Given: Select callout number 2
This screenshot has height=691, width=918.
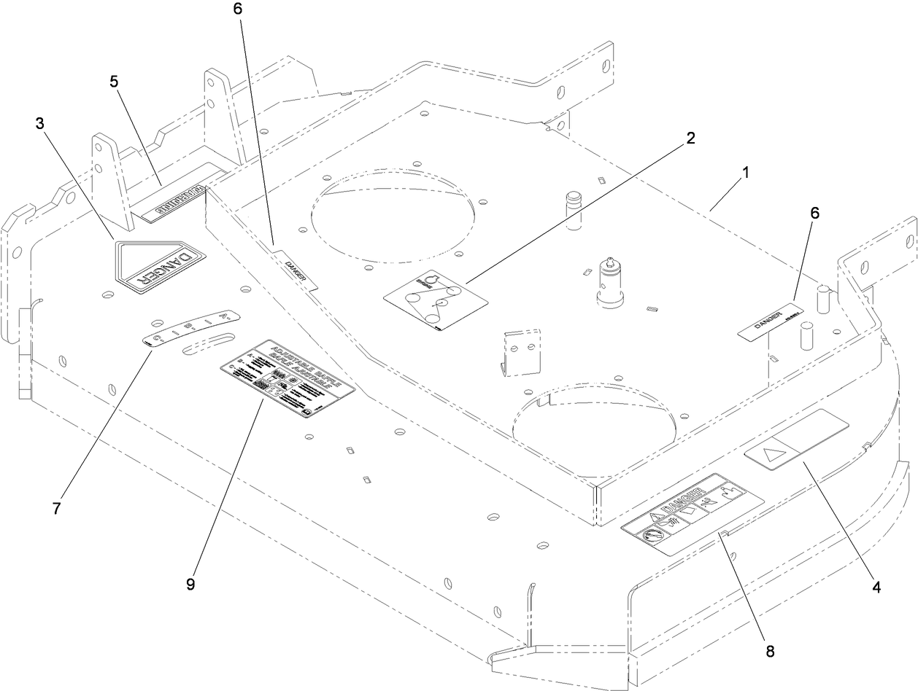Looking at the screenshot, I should (690, 138).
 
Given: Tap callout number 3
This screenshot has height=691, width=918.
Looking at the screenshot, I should (40, 124).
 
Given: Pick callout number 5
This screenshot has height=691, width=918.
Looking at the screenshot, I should (114, 82).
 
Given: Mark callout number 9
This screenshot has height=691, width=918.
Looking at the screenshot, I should (190, 585).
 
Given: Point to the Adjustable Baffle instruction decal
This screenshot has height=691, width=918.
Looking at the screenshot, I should (288, 378).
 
